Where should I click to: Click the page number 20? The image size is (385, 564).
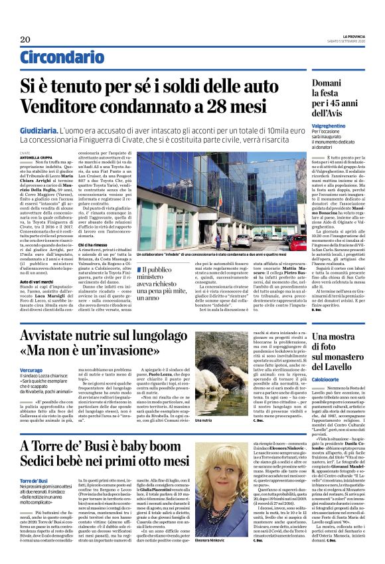coord(25,40)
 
